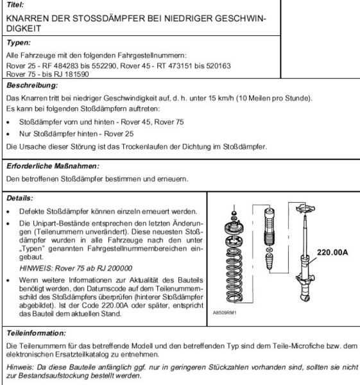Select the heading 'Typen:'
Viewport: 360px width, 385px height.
(19, 43)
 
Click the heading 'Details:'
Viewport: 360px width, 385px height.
(19, 199)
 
